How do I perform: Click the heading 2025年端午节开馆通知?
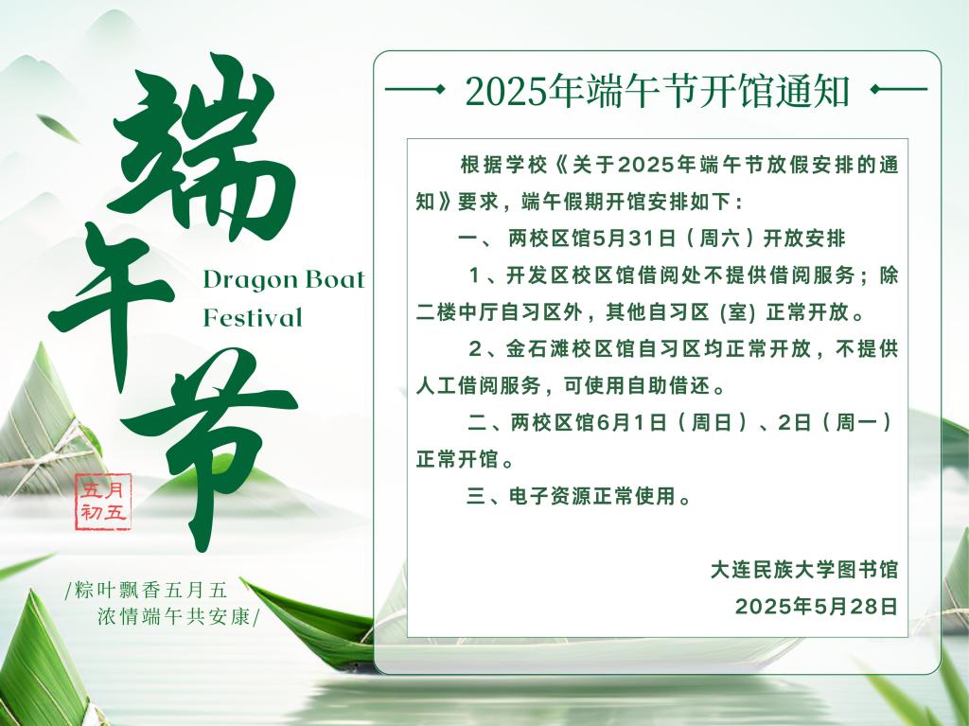tap(657, 91)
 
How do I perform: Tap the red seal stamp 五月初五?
tap(103, 502)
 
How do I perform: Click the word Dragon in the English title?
tap(241, 281)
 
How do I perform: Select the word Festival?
tap(253, 318)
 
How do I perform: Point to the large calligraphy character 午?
tap(112, 303)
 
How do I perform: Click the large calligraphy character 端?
tap(198, 149)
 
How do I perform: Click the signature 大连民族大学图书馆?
tap(804, 570)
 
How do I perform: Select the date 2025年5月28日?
tap(817, 607)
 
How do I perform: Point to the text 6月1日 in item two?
tap(631, 423)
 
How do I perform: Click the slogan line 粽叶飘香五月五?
tap(147, 590)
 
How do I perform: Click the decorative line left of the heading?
tap(414, 90)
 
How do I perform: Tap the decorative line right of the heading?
tap(899, 90)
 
